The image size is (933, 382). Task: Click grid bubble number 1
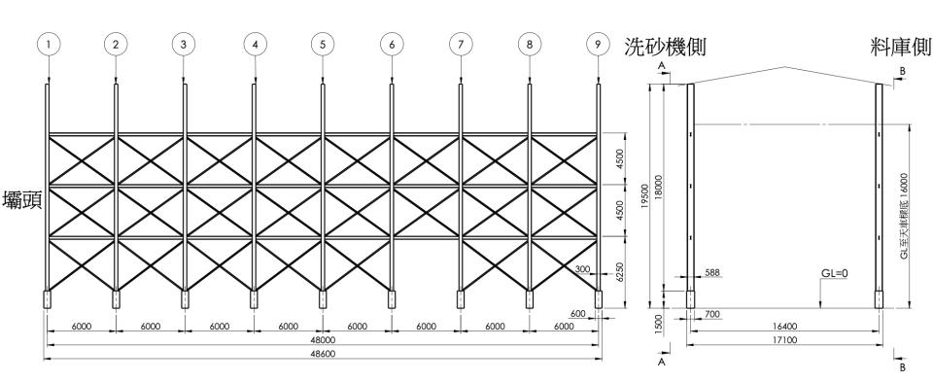tap(47, 44)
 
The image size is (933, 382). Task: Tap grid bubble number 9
tap(599, 44)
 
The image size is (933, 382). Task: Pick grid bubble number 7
tap(460, 44)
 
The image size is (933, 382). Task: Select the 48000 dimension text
tap(323, 340)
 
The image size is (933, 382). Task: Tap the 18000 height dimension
tap(659, 185)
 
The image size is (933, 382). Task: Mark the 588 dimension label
tap(712, 274)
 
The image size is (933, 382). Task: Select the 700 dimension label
tap(712, 315)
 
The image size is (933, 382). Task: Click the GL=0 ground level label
tap(833, 274)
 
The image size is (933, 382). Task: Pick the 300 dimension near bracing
tap(582, 268)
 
